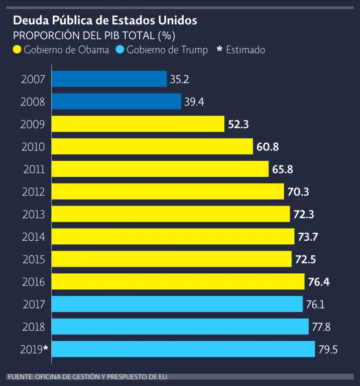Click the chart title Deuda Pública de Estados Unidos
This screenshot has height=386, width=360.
point(104,21)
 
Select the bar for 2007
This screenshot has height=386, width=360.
point(109,79)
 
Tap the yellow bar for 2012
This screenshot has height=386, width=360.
point(168,191)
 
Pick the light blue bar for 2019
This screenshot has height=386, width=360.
point(183,349)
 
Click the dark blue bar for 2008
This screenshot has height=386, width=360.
point(116,102)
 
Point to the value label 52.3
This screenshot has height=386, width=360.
point(238,124)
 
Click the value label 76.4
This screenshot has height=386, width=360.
point(319,282)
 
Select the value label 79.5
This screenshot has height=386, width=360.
point(328,349)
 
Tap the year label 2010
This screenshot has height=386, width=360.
point(33,147)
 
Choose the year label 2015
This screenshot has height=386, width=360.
point(33,259)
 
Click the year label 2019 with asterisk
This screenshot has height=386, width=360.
point(34,349)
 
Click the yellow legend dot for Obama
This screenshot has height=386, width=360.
point(18,50)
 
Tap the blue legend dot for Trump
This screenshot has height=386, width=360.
point(120,50)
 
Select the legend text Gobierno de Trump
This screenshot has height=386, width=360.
point(167,50)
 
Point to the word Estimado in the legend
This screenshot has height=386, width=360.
point(246,50)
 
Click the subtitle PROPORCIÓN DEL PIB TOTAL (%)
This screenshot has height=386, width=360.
point(94,36)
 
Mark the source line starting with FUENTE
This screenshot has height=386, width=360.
point(88,376)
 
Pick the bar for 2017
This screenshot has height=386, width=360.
point(177,304)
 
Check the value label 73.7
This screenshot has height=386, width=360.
point(309,237)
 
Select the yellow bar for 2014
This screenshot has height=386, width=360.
point(173,237)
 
